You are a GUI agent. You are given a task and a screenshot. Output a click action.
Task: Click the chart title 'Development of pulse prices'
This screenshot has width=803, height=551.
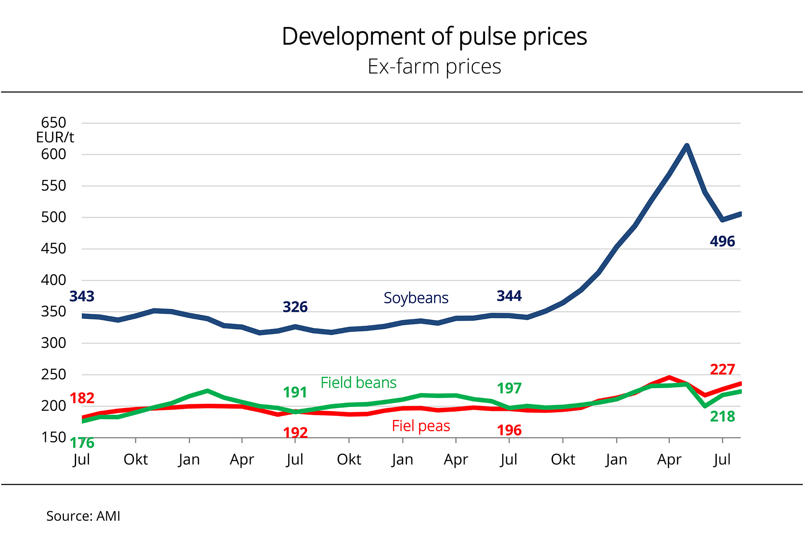434,36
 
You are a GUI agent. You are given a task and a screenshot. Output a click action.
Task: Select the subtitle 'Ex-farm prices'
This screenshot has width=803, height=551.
434,66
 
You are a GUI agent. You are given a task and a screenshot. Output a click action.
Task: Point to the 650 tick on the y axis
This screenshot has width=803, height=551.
54,123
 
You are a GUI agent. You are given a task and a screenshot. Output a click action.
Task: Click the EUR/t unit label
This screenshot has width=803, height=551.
55,137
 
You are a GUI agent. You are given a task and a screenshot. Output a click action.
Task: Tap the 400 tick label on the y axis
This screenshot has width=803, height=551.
54,280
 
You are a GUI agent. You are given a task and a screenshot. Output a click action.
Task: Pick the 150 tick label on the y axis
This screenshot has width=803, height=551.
54,437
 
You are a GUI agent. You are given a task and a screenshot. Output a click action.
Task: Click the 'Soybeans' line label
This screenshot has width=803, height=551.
416,298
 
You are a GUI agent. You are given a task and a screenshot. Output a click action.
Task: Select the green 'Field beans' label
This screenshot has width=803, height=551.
358,383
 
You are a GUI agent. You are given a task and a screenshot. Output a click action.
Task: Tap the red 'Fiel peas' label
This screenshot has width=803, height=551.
421,426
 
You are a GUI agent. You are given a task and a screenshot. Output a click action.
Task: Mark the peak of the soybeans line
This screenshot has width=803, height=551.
687,146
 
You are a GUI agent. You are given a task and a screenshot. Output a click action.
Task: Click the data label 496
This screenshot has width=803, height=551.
722,241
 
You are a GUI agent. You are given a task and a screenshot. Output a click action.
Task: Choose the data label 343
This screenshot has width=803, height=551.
82,296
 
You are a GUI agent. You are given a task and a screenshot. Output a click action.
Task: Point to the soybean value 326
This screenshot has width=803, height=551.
295,307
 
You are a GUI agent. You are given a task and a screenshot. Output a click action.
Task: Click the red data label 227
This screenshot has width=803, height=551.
722,369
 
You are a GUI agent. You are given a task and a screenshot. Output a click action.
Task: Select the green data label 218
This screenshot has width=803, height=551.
722,416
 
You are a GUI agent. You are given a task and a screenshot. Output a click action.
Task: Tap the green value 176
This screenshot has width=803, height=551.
82,443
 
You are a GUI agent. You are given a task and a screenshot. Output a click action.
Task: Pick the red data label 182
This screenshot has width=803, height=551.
82,398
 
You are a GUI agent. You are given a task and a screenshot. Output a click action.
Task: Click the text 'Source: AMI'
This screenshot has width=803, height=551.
83,516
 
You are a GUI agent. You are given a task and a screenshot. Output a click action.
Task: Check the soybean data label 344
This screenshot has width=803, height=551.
509,296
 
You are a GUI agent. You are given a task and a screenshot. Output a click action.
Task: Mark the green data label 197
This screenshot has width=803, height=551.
509,388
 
